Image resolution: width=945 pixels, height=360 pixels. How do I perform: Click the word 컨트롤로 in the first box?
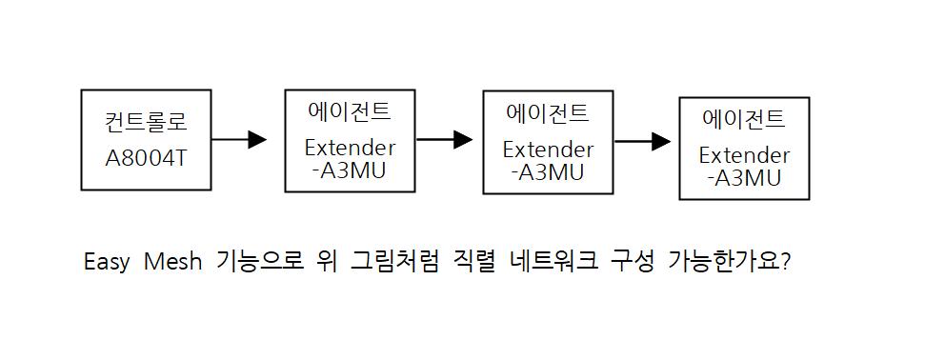[146, 122]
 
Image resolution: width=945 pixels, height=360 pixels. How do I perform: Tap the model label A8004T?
[146, 158]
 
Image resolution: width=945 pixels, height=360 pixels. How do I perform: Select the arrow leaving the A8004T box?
[239, 139]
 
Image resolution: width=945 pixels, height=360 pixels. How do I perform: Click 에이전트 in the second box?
[350, 111]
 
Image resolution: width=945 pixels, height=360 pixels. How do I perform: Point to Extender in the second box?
[351, 148]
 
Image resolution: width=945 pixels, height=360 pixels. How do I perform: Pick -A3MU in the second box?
[350, 170]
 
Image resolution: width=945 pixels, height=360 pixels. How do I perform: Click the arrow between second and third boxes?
[444, 139]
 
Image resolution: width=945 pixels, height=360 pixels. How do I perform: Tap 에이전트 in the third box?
[548, 113]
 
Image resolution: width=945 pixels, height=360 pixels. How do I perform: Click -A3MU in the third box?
[548, 172]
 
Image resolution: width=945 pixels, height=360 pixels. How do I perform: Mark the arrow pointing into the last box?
[642, 142]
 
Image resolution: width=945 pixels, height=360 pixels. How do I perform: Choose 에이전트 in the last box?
[744, 119]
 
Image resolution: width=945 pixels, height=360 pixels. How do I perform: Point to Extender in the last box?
[744, 155]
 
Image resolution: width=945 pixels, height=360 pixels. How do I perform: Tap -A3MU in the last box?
[744, 178]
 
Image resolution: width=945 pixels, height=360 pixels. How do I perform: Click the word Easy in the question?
[107, 264]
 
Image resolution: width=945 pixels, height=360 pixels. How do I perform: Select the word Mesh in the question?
[173, 264]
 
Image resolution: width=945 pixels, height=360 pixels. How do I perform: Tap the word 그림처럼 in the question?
[394, 263]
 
